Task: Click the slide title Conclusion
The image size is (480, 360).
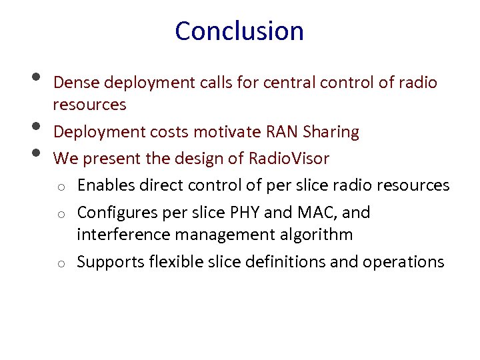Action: click(239, 31)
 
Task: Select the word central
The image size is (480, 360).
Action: click(289, 83)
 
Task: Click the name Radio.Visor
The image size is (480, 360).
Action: click(289, 159)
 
